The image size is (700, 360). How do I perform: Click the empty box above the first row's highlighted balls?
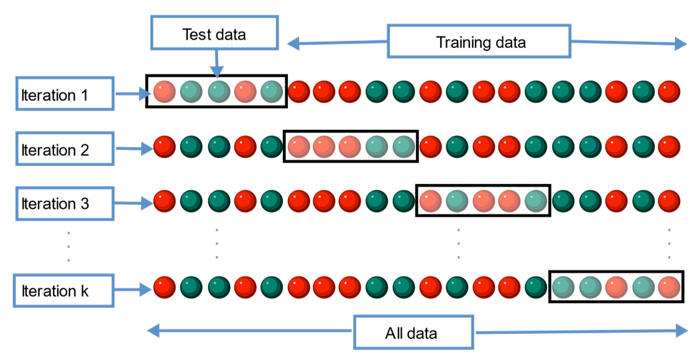(x=214, y=32)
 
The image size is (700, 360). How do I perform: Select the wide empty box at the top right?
(x=479, y=41)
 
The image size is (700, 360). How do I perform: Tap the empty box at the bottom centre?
(x=413, y=331)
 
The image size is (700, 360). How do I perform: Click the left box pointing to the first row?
(x=65, y=93)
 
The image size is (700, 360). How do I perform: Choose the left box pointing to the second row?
(x=65, y=149)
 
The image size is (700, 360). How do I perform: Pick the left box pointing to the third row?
(x=65, y=203)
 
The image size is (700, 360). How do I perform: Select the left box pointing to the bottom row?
(x=64, y=290)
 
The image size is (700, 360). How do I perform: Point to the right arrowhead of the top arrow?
(x=681, y=44)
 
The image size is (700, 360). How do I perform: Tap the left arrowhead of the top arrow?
(x=292, y=43)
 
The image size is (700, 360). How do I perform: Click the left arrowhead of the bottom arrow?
(x=153, y=331)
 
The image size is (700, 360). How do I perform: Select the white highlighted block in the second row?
(x=351, y=146)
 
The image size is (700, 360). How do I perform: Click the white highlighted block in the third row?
(x=483, y=200)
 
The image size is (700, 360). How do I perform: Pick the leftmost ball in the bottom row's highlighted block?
(x=563, y=287)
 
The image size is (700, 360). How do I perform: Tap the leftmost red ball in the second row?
(x=165, y=147)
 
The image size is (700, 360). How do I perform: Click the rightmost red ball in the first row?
(x=669, y=91)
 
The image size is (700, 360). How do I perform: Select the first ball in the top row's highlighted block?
(x=165, y=91)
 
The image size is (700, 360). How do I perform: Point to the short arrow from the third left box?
(x=134, y=203)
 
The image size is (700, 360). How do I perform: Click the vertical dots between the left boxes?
(x=68, y=247)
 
